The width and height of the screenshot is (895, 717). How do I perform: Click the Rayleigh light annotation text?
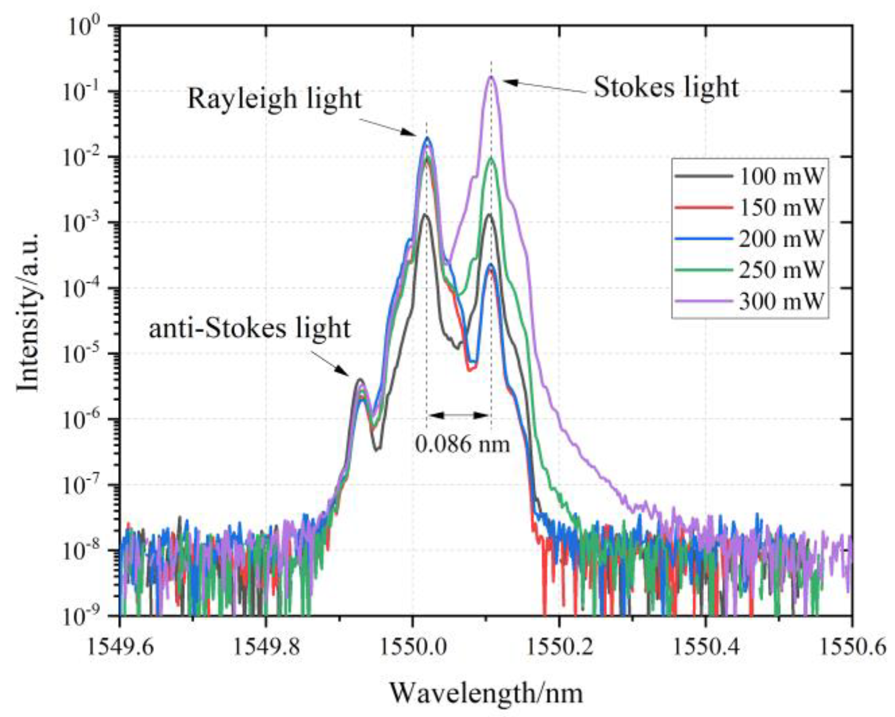[x=274, y=98]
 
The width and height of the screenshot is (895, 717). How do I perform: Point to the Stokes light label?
[x=666, y=87]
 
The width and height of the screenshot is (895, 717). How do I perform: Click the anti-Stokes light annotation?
[x=249, y=328]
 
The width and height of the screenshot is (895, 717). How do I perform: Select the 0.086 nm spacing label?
[x=462, y=444]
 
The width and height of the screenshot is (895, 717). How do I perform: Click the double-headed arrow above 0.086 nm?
[x=459, y=415]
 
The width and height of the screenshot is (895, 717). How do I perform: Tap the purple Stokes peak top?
[x=491, y=77]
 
